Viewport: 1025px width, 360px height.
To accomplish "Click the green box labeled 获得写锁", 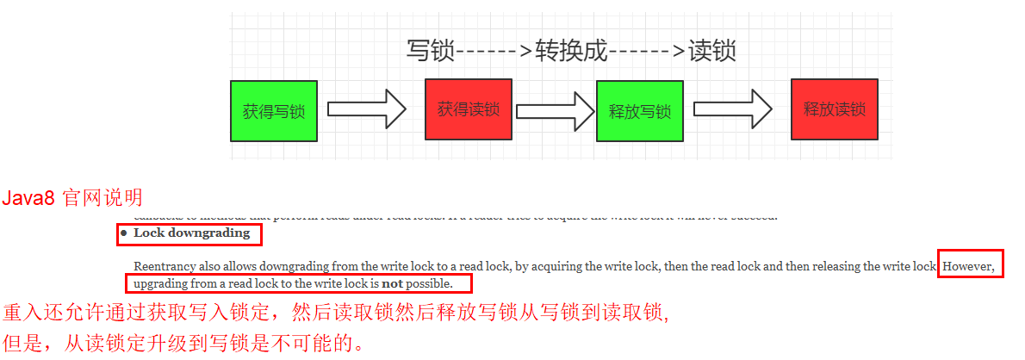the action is (x=274, y=111).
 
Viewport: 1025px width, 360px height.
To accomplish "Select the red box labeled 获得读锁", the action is (x=469, y=109).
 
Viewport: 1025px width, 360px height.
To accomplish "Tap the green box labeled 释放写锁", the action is (x=640, y=111).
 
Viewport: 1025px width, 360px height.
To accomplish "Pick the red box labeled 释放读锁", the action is (x=834, y=109).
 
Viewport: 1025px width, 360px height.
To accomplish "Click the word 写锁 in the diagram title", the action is (x=430, y=51).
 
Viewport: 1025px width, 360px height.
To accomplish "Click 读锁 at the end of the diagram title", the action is (x=712, y=51).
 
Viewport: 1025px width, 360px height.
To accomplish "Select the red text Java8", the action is (x=28, y=199).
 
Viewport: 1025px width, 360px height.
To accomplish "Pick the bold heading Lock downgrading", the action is (x=191, y=233).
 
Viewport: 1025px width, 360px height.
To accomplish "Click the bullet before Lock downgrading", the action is (x=124, y=233).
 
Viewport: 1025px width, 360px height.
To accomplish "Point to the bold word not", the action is (x=393, y=283).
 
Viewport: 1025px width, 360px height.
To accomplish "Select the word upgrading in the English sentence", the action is (x=163, y=283).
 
